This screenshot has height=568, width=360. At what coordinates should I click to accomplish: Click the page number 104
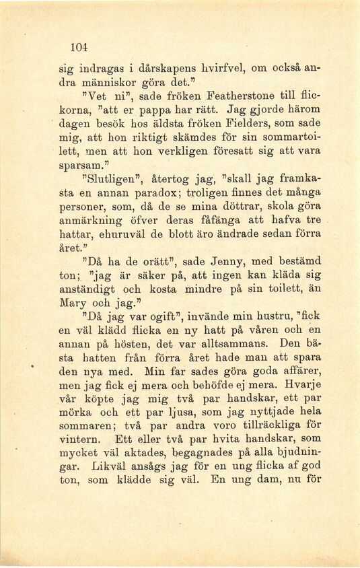click(79, 47)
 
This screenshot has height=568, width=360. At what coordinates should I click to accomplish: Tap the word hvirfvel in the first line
click(219, 68)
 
